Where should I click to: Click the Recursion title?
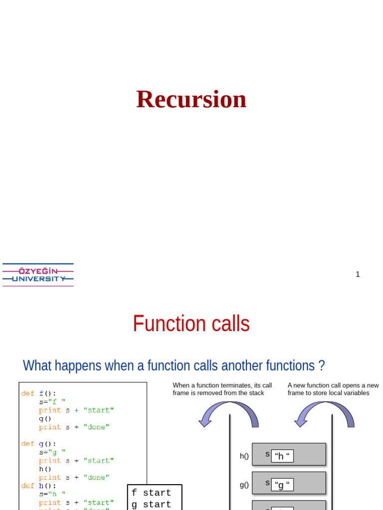click(x=191, y=99)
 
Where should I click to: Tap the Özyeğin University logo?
click(x=38, y=274)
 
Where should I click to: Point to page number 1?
click(x=358, y=274)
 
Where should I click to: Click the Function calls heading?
click(x=191, y=324)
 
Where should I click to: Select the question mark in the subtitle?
click(x=321, y=366)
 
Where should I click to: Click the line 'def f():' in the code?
click(x=39, y=393)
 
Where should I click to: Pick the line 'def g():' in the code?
click(x=39, y=444)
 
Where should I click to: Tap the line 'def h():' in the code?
click(x=39, y=486)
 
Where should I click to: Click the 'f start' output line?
click(x=151, y=493)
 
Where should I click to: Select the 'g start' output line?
click(x=151, y=504)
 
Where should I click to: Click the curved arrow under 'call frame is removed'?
click(x=228, y=414)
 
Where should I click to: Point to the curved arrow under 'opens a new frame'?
click(x=324, y=414)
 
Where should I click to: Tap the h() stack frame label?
click(x=244, y=456)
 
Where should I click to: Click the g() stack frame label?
click(x=244, y=485)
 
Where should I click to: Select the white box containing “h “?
click(x=282, y=456)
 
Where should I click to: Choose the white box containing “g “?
click(x=282, y=485)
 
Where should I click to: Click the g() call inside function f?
click(x=45, y=419)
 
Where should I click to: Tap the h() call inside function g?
click(x=45, y=469)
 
